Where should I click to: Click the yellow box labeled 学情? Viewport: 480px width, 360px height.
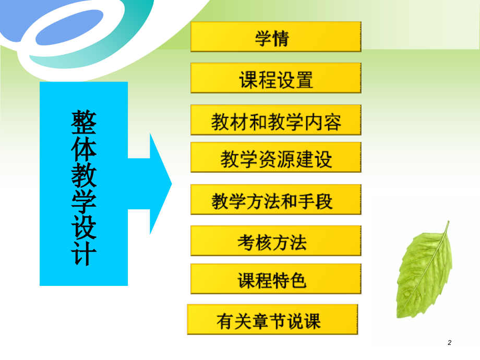pyautogui.click(x=275, y=37)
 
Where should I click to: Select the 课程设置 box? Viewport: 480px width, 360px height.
pyautogui.click(x=275, y=78)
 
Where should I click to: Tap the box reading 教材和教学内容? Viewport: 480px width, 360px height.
pyautogui.click(x=275, y=121)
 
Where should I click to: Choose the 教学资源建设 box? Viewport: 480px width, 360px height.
pyautogui.click(x=275, y=158)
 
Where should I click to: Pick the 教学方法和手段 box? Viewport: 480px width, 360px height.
pyautogui.click(x=275, y=200)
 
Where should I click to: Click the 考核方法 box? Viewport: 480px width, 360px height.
pyautogui.click(x=275, y=241)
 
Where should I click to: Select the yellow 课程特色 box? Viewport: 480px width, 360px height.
pyautogui.click(x=275, y=279)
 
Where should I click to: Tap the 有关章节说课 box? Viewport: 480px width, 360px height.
pyautogui.click(x=272, y=320)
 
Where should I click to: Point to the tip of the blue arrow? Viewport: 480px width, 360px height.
pyautogui.click(x=171, y=184)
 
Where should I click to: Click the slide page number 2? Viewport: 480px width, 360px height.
pyautogui.click(x=450, y=343)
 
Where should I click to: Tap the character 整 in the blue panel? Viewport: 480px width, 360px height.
pyautogui.click(x=84, y=121)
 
